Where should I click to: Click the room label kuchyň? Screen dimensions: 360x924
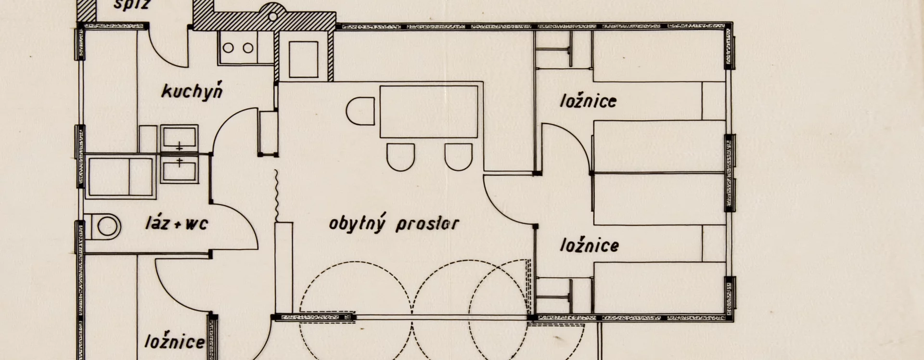pos(192,91)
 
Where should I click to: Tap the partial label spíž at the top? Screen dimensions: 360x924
pos(132,5)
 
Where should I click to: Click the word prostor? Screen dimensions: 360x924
pos(427,224)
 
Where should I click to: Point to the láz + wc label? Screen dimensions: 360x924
pos(176,224)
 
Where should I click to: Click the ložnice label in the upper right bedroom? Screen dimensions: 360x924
pos(588,102)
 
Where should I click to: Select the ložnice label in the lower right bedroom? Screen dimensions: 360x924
pos(589,245)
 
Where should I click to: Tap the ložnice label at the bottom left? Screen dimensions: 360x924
pos(175,342)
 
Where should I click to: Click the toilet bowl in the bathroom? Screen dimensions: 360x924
pos(106,226)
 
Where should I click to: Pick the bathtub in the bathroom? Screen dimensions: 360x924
pos(121,176)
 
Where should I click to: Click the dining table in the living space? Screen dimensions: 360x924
pos(429,112)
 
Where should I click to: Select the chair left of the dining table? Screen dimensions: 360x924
pos(360,112)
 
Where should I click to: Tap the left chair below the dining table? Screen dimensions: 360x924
pos(400,156)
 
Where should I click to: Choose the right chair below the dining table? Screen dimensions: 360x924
pos(458,156)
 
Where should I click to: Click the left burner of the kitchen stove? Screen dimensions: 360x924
pos(229,48)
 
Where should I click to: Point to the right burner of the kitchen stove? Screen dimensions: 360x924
pos(248,48)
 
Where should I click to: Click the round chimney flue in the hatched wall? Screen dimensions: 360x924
pos(273,17)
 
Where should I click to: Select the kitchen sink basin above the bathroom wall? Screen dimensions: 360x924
pos(179,137)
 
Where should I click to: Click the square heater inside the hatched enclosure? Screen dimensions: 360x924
pos(303,59)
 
